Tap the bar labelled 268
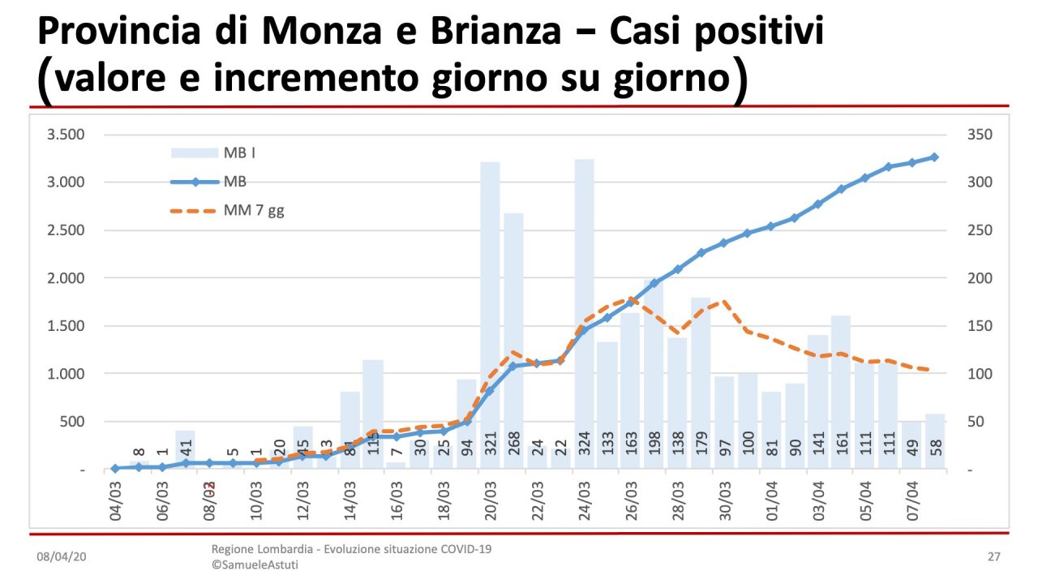pyautogui.click(x=513, y=341)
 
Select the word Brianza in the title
pyautogui.click(x=506, y=31)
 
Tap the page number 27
pyautogui.click(x=993, y=557)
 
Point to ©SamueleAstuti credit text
pyautogui.click(x=255, y=565)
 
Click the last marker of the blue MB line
pyautogui.click(x=934, y=157)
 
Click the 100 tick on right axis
pyautogui.click(x=978, y=374)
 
